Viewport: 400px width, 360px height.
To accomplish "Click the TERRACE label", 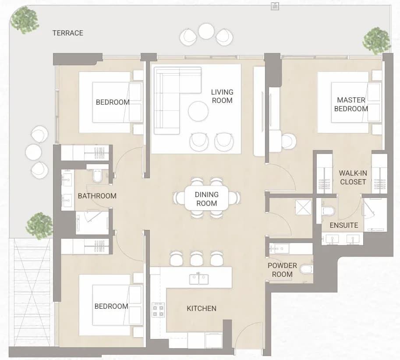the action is pos(68,33).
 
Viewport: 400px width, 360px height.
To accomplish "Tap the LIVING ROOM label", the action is pos(222,96).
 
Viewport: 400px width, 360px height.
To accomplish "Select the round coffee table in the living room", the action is pos(198,111).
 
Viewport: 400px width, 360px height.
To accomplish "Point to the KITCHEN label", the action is pos(202,308).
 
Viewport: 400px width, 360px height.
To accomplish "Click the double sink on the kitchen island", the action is pos(199,279).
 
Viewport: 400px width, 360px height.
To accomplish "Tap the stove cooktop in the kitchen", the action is pos(158,310).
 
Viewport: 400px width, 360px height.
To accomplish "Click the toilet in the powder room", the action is pos(306,269).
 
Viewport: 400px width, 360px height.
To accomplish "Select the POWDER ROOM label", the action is pos(282,270).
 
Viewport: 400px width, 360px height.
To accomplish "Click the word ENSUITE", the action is pos(344,226).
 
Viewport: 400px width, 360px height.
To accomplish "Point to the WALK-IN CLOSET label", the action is pos(353,177).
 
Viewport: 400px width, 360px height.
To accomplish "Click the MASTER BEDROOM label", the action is pos(351,104).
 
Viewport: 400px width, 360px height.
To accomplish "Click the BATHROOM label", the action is pos(97,196).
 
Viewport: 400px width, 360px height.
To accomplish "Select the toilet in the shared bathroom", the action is pos(97,176).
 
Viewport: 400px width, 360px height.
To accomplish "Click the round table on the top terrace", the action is pos(206,31).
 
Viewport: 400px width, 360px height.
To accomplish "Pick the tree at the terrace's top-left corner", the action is pos(25,20).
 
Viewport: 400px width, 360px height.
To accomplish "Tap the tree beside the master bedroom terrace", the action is pos(376,41).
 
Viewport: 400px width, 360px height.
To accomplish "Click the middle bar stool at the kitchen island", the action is pos(196,258).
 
